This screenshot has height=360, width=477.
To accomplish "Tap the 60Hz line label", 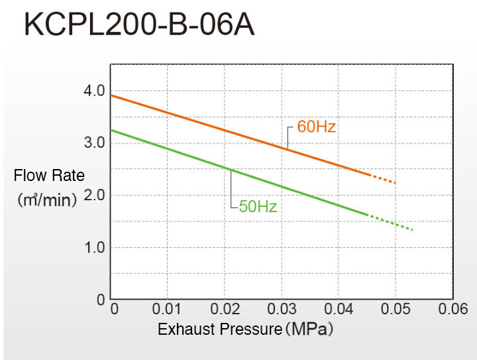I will coord(316,127).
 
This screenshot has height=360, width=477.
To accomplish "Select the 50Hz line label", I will coord(258,206).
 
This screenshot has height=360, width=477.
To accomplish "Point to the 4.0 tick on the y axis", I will coord(95,91).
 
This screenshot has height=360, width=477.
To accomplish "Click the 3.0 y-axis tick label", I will coord(95,143).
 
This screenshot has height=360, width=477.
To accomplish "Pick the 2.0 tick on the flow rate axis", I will coord(95,196).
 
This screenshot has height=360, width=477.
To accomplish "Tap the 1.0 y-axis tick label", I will coord(95,248).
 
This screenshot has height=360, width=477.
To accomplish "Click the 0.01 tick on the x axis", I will coord(168,310).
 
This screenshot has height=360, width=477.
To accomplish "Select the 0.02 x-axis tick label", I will coord(225,310).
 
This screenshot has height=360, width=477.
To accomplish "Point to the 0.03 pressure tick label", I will coord(282,310).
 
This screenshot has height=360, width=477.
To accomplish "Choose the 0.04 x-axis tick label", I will coord(339,310).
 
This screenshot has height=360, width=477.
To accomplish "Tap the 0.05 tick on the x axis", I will coord(396,310).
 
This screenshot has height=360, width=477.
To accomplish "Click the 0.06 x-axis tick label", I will coord(452,310).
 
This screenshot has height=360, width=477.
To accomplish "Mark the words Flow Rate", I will coord(49,176).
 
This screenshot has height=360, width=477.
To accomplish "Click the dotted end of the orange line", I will coord(384,179).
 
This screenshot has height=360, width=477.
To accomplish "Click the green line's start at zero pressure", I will coord(111,130).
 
